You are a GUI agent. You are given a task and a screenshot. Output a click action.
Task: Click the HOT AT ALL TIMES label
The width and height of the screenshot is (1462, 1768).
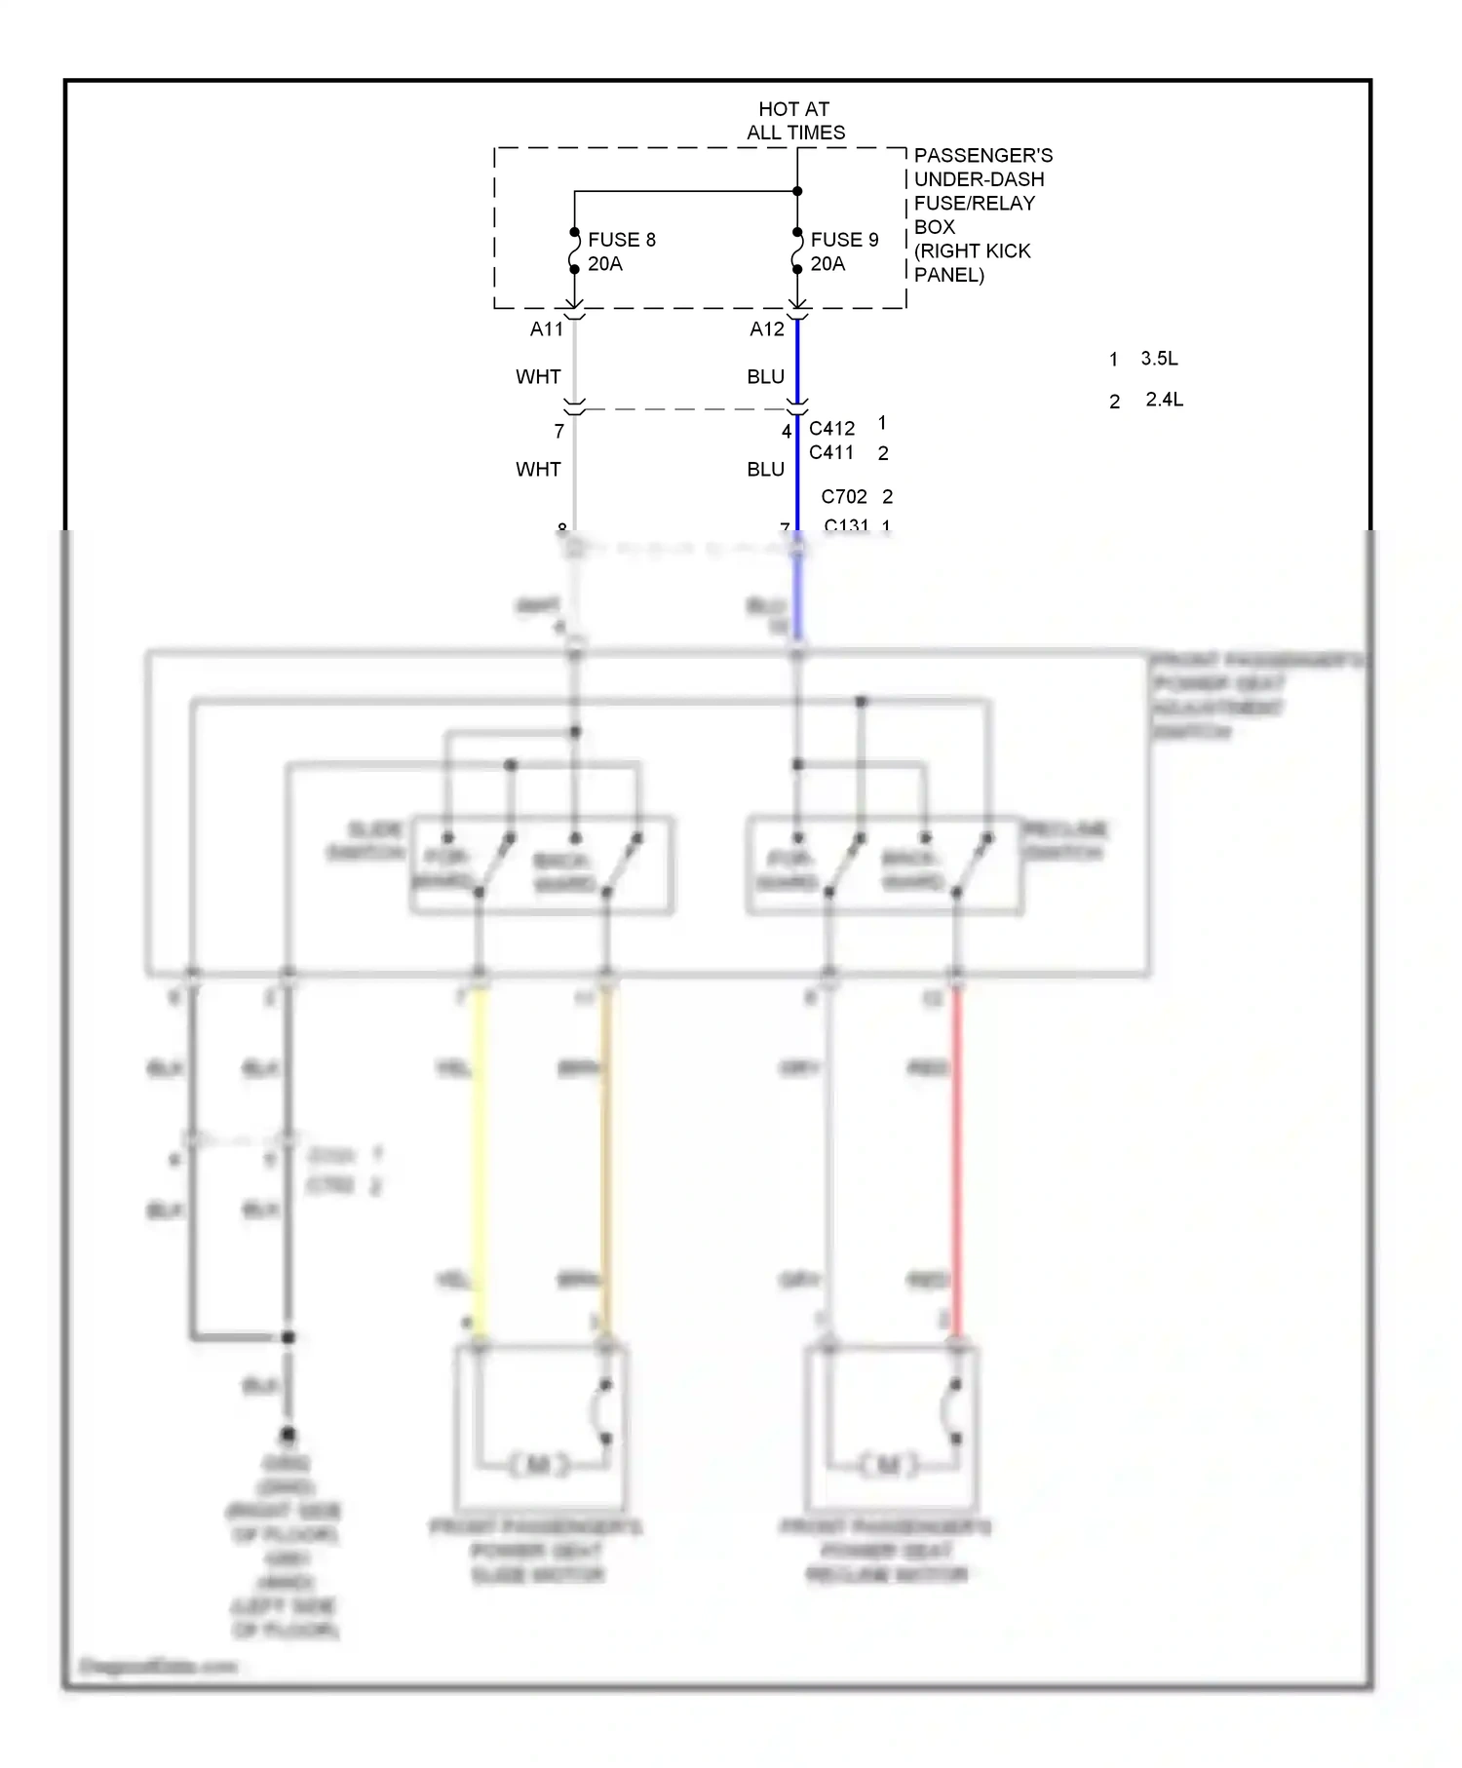point(795,121)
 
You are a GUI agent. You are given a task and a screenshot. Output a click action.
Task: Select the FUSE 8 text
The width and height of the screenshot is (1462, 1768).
point(621,240)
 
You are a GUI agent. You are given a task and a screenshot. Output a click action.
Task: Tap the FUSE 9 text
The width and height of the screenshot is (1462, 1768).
point(844,240)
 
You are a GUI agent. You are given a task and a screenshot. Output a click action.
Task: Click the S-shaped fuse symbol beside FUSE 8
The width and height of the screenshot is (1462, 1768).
point(574,250)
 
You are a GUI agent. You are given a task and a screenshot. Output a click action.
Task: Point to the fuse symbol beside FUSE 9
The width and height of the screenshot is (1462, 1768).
point(797,250)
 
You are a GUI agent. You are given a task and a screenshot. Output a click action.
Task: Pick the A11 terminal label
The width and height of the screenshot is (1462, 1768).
point(547,329)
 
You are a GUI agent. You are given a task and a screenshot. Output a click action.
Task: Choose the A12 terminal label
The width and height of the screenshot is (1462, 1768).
point(767,329)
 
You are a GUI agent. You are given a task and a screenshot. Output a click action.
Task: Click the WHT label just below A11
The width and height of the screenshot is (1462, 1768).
point(538,377)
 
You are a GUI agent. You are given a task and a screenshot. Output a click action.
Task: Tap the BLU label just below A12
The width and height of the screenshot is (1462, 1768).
point(765,377)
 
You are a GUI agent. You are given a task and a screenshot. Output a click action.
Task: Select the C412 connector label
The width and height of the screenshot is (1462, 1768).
point(831,429)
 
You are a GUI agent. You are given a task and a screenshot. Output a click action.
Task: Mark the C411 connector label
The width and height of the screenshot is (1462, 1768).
point(830,453)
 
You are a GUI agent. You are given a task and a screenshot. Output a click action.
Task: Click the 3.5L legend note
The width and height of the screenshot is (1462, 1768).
point(1159,359)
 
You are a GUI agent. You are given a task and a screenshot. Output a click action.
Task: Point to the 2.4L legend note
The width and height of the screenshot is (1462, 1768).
point(1164,400)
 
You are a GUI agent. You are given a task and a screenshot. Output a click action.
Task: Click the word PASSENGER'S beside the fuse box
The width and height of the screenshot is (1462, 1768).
point(982,156)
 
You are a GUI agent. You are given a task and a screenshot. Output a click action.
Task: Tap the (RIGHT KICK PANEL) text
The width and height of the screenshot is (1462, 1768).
point(972,263)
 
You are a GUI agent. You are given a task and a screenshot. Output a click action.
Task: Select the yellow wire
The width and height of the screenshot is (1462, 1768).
point(479,1160)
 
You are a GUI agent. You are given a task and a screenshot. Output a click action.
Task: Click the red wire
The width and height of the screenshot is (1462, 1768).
point(956,1160)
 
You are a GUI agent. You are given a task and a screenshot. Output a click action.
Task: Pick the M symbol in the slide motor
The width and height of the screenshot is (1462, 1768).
point(538,1464)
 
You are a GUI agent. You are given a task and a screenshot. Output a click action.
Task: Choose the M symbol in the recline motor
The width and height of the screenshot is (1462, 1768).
point(888,1464)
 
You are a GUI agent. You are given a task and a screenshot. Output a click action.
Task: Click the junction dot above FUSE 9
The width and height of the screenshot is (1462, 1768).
point(797,191)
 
